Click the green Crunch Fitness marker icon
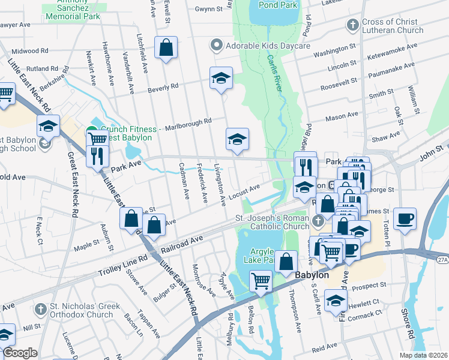[92, 130]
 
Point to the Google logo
[20, 353]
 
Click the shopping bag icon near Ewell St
[166, 47]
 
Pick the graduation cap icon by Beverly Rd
[221, 78]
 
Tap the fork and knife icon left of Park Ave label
[95, 157]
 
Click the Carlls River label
[276, 78]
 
